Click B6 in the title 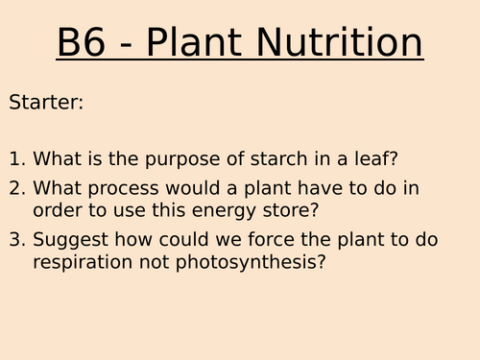[x=84, y=44]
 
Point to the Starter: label [x=46, y=102]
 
